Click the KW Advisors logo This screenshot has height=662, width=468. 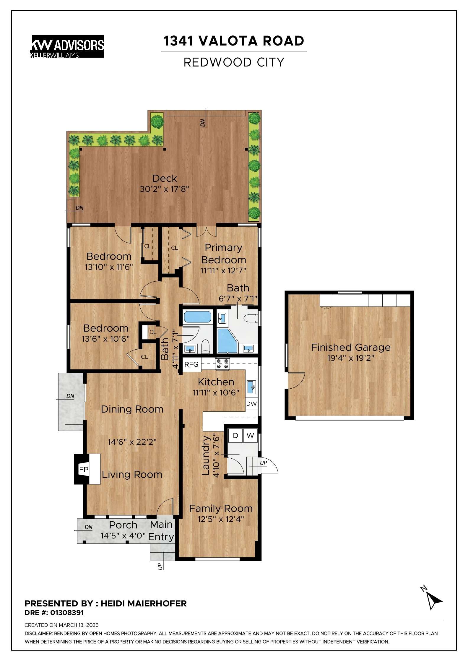pyautogui.click(x=67, y=46)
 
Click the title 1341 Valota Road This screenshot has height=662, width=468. pyautogui.click(x=234, y=41)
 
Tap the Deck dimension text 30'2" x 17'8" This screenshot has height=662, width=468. pyautogui.click(x=164, y=189)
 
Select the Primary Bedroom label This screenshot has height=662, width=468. pyautogui.click(x=223, y=254)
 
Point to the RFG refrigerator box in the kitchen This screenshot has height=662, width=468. pyautogui.click(x=191, y=364)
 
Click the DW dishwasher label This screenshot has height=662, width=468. pyautogui.click(x=251, y=404)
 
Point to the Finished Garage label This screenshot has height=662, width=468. pyautogui.click(x=351, y=347)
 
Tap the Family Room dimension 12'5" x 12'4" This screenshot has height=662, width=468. pyautogui.click(x=221, y=519)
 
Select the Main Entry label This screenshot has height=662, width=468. pyautogui.click(x=161, y=530)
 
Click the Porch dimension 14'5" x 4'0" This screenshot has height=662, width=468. pyautogui.click(x=123, y=536)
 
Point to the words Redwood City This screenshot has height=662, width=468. pyautogui.click(x=234, y=62)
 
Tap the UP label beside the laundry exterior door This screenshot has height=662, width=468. pyautogui.click(x=263, y=463)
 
